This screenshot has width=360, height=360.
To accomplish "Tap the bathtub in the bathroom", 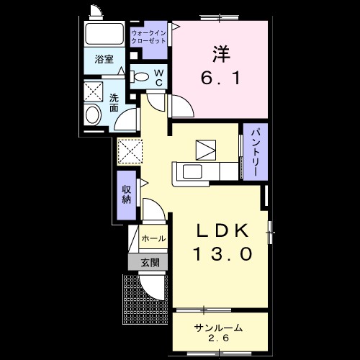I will pos(105,35).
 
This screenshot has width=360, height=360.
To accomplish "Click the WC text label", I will pos(158,76).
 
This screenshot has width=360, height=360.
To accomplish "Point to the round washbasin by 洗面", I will pos(94,114).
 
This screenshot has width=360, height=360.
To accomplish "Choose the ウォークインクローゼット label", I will pos(149,37).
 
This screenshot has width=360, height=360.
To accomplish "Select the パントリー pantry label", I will pos(255,153).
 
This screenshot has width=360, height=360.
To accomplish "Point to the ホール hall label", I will pos(153,238).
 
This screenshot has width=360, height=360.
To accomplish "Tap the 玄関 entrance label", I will pos(150,262).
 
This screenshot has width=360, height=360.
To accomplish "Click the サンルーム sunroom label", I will pos(218,328).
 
